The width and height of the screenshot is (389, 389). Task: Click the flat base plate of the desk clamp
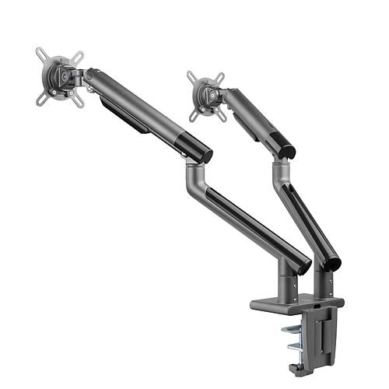point(296,303)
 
